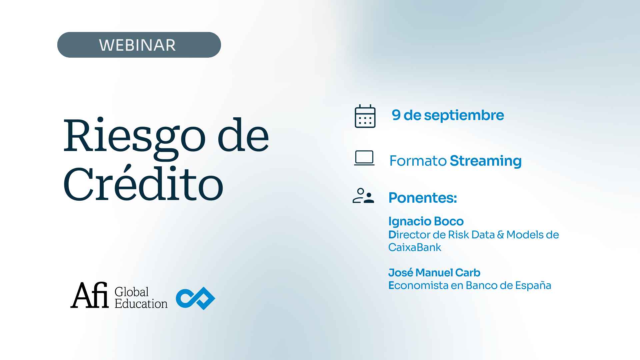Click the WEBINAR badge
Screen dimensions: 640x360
pos(139,45)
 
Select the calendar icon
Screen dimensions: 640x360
pos(365,116)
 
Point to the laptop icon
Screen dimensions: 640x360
pos(364,158)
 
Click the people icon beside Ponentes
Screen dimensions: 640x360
pos(363,196)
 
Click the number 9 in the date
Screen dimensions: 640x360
pos(396,115)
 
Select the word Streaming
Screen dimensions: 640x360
pos(486,161)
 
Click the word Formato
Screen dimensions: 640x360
pos(418,161)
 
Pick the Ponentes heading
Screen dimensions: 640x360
pos(423,198)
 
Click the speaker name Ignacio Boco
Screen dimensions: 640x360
pos(426,222)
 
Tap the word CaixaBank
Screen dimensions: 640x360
pos(415,247)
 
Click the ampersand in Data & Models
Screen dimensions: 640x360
pos(500,235)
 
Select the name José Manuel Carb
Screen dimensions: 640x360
pos(434,273)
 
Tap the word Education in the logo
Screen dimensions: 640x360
pos(141,304)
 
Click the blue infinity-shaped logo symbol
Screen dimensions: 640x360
pos(196,298)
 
